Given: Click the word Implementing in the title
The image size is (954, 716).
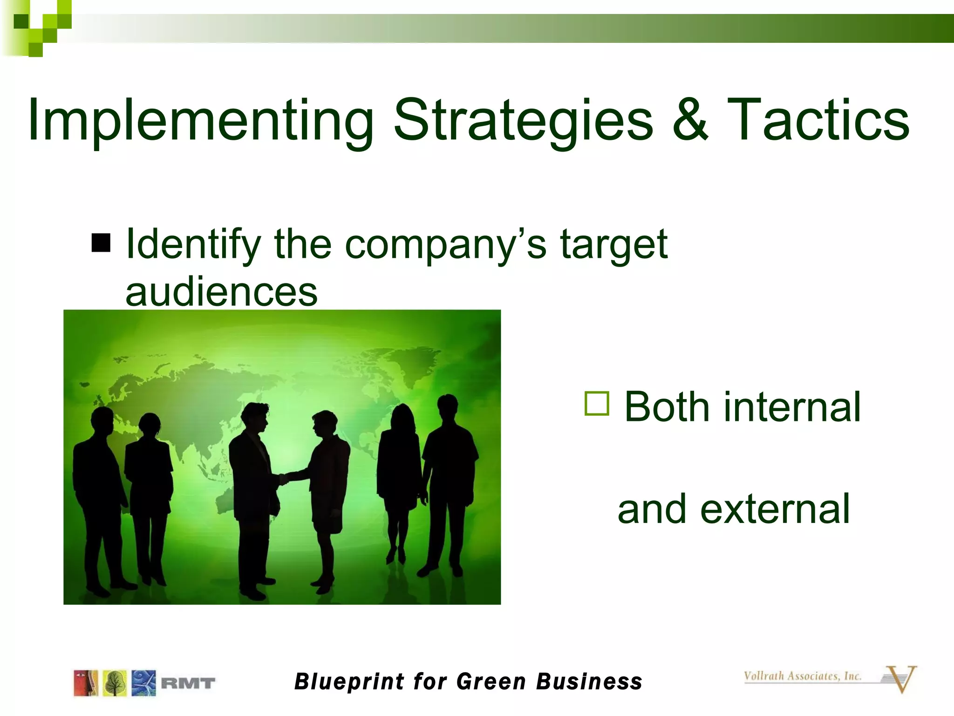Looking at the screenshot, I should pos(200,120).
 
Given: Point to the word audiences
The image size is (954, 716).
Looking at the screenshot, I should pos(221,292).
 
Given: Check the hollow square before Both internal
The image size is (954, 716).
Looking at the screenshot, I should pos(597,404).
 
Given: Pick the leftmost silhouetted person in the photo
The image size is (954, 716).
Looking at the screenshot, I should pos(100,499).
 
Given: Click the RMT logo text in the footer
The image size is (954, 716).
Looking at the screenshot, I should pos(188,683).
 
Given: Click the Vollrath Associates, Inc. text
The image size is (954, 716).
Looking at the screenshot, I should pos(802,676).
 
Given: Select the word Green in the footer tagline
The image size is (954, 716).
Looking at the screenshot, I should pos(491,682).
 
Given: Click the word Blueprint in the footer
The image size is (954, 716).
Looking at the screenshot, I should pos(349,682).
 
